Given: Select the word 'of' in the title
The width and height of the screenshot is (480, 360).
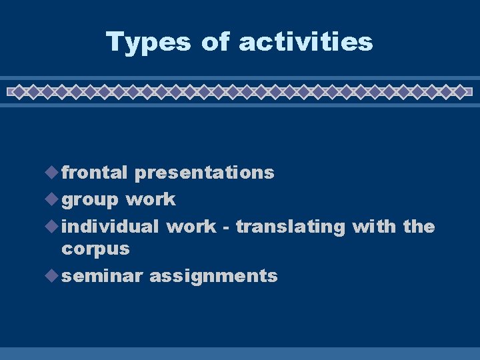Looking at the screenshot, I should [x=215, y=42].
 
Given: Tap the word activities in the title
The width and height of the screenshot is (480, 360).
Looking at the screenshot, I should [x=305, y=42].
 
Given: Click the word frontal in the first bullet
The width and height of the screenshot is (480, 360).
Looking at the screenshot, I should [x=94, y=173].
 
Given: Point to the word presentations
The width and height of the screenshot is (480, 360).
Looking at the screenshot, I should [x=204, y=173].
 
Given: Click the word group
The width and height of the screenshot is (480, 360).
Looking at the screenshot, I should [x=90, y=200].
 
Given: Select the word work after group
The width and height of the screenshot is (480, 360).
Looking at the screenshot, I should [x=151, y=199].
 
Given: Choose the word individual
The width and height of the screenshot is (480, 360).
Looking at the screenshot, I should [x=110, y=227].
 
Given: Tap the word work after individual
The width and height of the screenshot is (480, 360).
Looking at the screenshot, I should [x=191, y=227].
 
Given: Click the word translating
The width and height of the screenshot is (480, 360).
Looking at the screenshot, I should [x=290, y=227].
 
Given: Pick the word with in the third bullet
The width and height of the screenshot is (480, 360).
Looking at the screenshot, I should [x=374, y=227].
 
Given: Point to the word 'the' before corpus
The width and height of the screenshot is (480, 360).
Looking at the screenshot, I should [x=419, y=227].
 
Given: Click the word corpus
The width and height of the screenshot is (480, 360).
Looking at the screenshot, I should [x=95, y=250].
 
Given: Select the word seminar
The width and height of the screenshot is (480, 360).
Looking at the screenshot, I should [x=102, y=276].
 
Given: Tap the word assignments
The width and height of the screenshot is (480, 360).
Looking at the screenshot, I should [x=213, y=277].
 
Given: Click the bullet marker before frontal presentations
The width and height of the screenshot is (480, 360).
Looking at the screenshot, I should [x=53, y=173].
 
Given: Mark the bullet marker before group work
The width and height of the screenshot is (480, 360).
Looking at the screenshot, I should [x=53, y=199].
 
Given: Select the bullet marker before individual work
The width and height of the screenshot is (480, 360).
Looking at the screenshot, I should [x=53, y=227].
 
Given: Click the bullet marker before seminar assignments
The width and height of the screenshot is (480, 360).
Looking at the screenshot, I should [x=53, y=276].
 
